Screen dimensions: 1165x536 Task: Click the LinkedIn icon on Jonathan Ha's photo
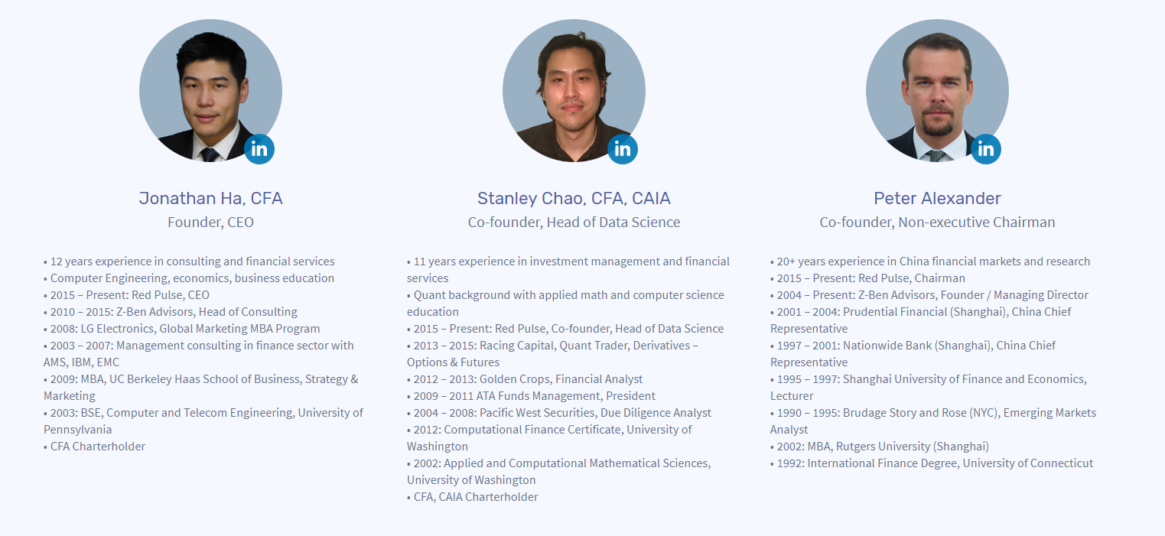259,149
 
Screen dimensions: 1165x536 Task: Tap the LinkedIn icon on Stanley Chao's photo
623,149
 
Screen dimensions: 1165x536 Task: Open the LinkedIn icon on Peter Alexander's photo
985,149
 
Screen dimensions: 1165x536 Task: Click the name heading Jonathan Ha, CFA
210,199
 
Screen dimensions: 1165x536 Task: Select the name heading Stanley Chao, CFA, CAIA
574,199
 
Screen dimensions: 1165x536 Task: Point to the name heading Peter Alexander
937,198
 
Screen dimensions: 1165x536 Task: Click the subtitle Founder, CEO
210,223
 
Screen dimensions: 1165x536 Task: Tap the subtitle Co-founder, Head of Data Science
574,223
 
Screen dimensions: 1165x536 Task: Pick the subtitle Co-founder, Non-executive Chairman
937,223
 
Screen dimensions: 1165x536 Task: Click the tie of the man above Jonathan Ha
210,155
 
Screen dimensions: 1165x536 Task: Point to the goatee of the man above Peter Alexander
937,122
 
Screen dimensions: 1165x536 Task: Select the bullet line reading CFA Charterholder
94,446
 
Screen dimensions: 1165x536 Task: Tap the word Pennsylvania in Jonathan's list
77,430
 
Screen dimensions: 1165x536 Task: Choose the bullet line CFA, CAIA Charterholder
472,496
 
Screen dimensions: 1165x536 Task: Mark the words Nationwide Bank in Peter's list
887,346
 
